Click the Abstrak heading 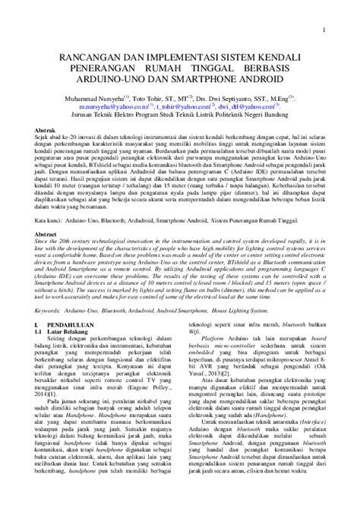point(48,131)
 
